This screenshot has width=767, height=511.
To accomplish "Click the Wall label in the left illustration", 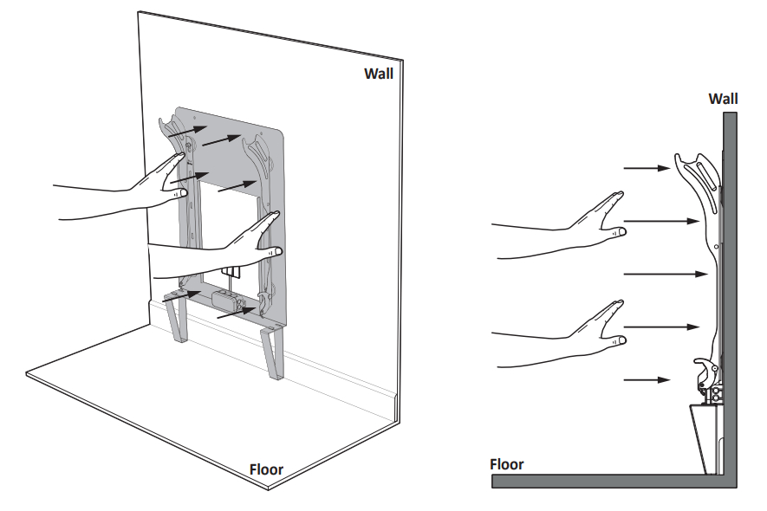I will (378, 74).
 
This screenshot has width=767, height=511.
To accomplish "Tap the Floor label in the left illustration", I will (266, 470).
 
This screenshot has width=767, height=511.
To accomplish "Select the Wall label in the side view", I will (723, 99).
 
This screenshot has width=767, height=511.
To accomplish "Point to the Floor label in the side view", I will (506, 464).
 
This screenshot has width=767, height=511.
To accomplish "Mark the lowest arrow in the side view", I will (647, 379).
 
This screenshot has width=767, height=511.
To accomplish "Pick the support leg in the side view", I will (706, 437).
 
